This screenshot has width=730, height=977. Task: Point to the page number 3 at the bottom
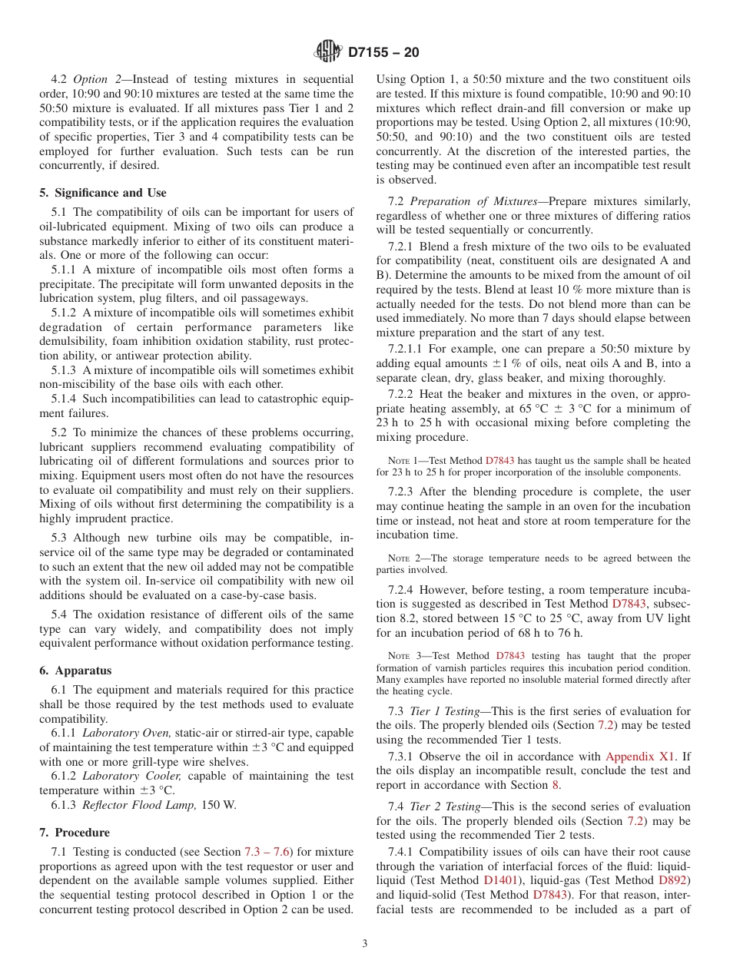point(365,943)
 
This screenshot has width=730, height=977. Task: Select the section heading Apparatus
point(75,671)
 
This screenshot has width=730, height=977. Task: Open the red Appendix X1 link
point(642,757)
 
